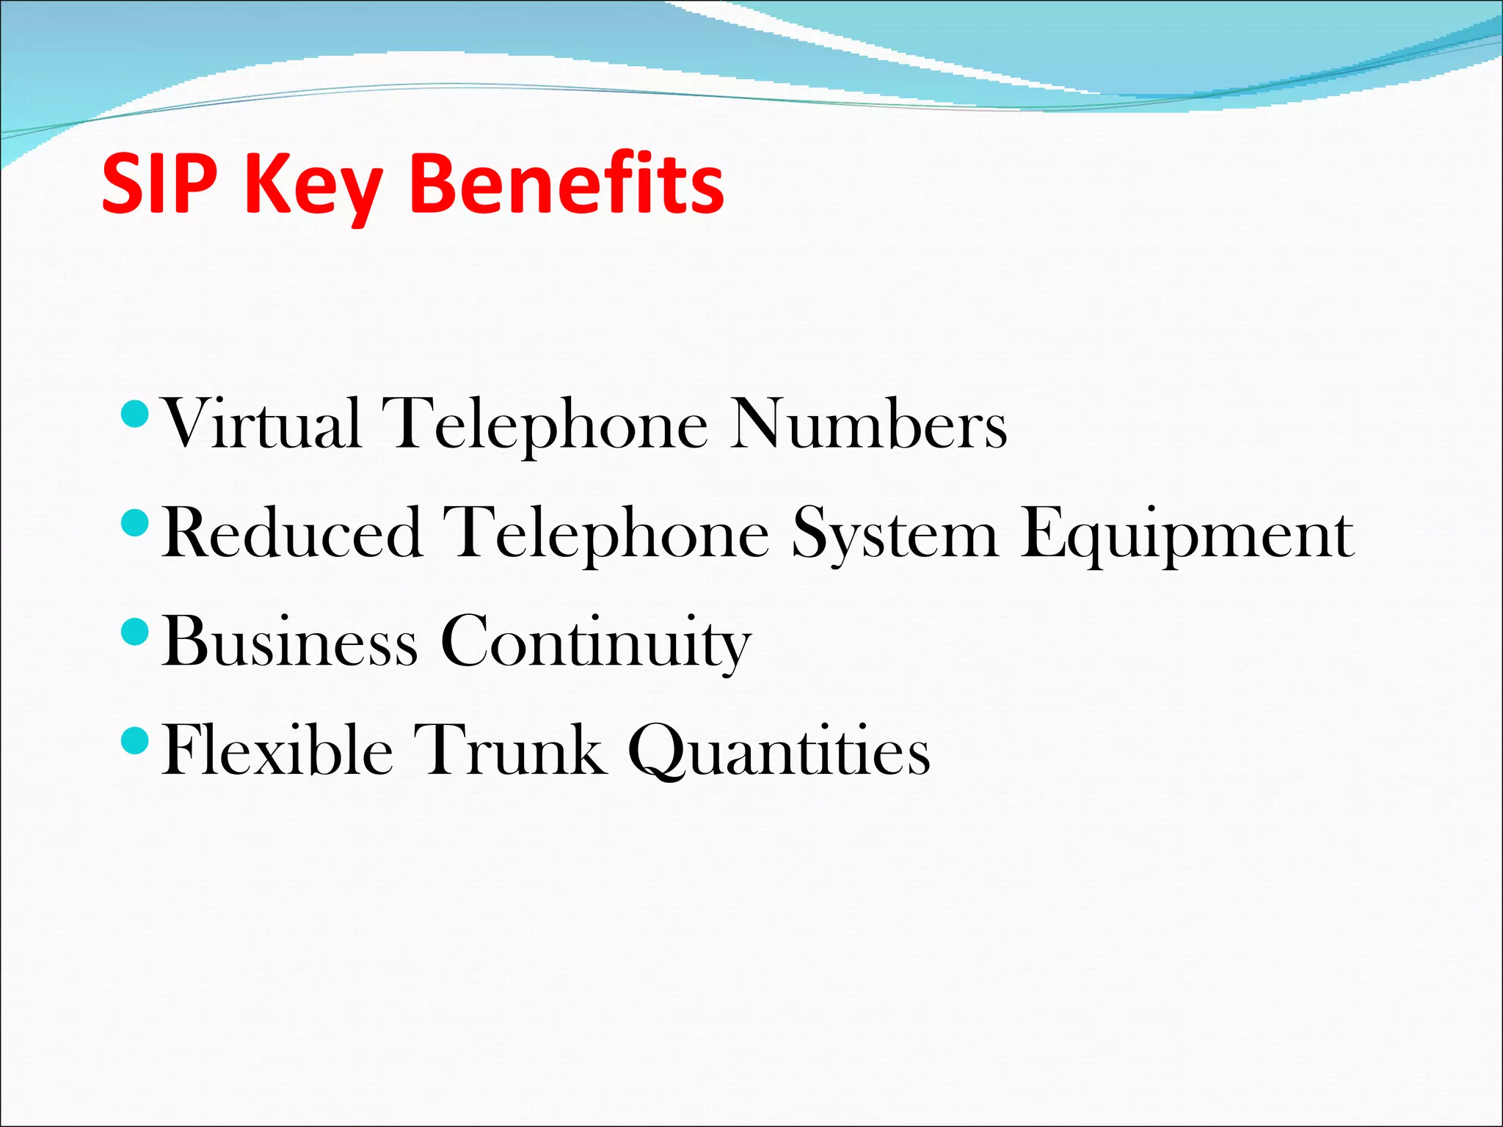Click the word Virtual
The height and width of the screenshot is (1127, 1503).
[263, 423]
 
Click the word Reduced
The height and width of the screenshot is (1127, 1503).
[292, 533]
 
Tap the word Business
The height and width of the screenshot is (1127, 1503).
[290, 641]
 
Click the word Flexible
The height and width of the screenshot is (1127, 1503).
[277, 750]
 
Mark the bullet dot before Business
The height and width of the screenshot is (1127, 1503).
[134, 631]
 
